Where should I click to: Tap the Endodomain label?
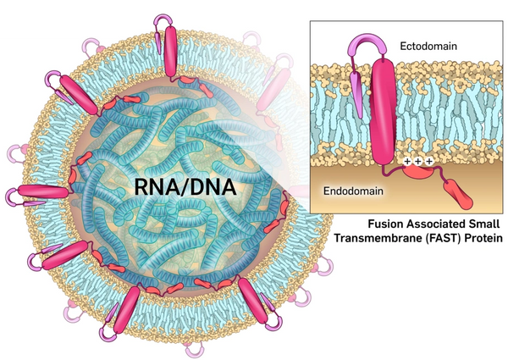pos(355,191)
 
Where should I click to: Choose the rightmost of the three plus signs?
pos(429,160)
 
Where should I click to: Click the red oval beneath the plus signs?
pos(416,172)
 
